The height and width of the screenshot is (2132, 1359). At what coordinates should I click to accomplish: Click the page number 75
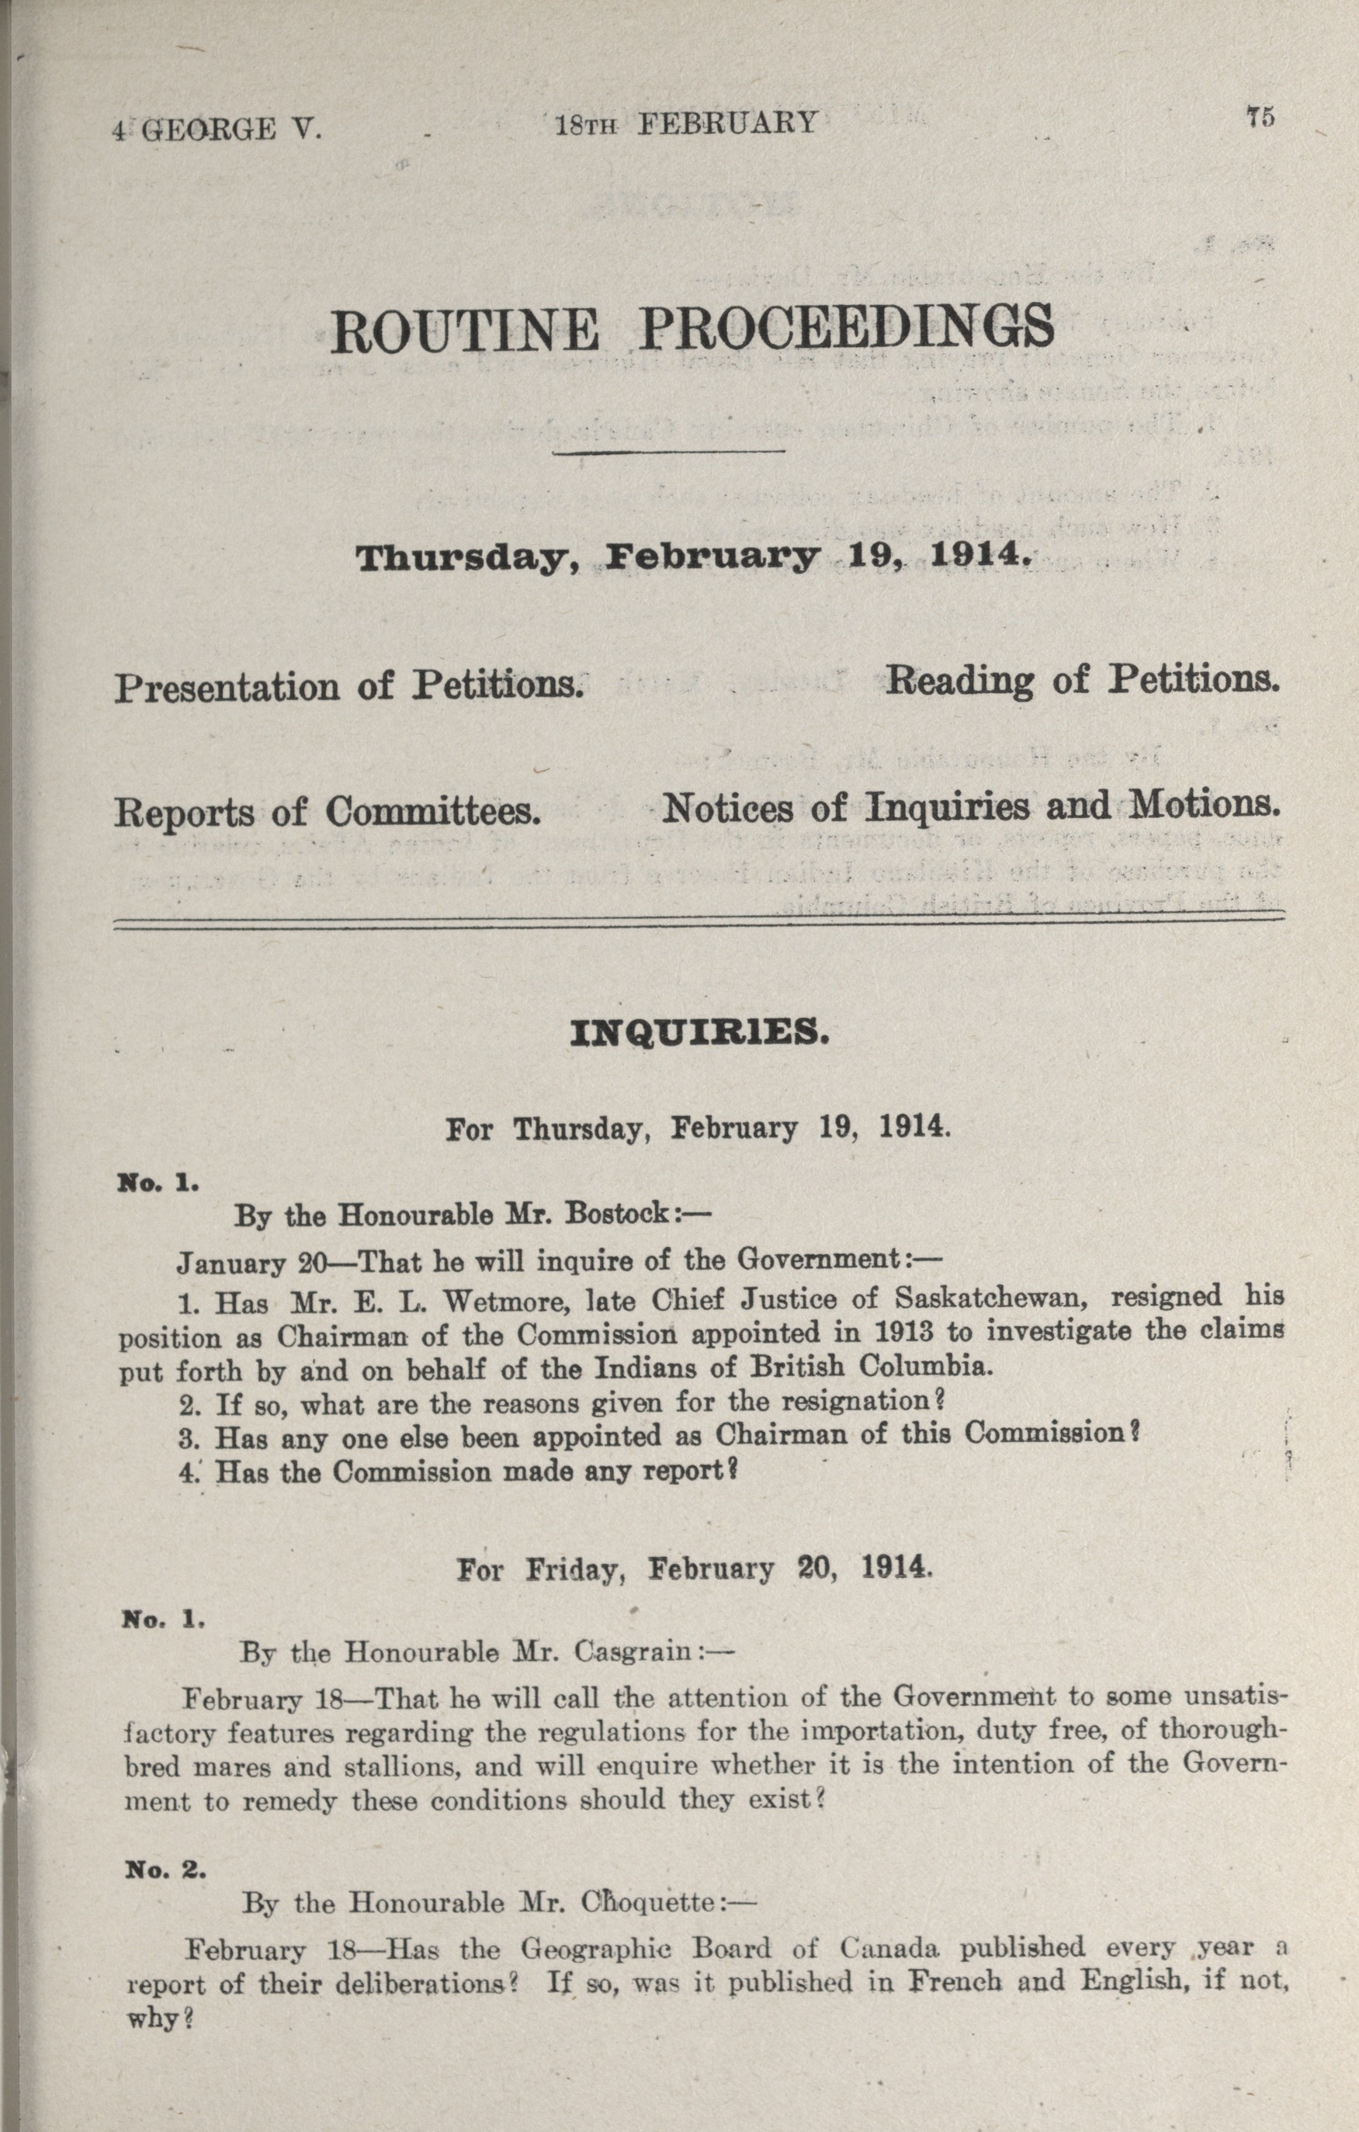coord(1259,118)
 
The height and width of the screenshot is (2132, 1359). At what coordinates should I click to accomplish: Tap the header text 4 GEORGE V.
coord(217,131)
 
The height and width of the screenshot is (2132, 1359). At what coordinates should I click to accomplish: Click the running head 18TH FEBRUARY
coord(685,123)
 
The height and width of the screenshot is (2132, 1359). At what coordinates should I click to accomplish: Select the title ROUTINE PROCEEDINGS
coord(692,328)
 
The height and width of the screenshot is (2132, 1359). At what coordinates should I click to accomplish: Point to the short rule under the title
coord(669,453)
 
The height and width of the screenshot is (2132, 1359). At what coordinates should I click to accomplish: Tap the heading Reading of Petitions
coord(1083,679)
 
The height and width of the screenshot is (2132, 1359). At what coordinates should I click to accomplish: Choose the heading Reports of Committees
coord(328,812)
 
